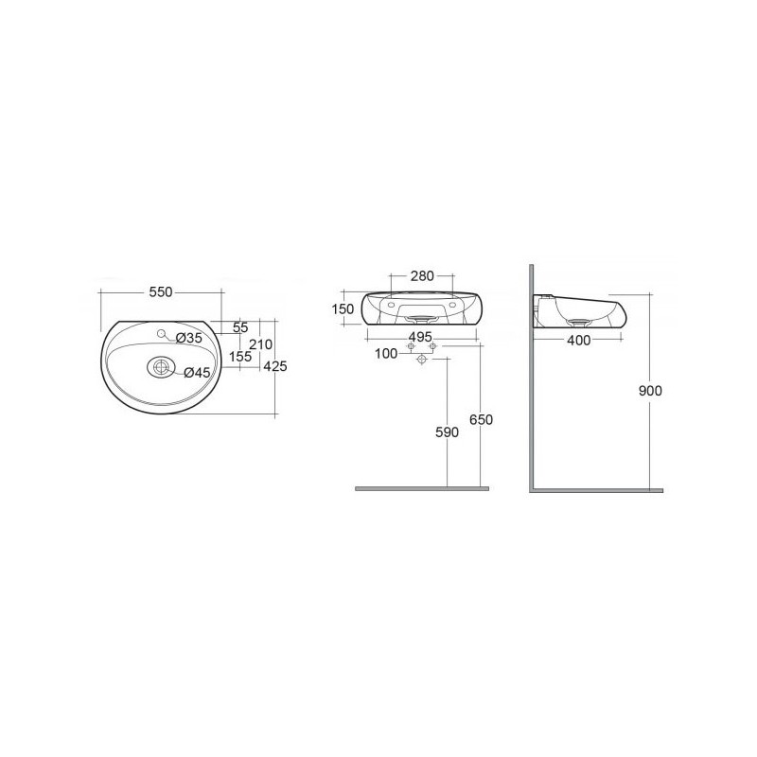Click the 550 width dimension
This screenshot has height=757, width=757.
[161, 292]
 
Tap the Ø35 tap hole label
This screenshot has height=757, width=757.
[188, 338]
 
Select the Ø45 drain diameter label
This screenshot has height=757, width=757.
[197, 372]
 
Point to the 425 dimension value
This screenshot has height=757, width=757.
[275, 366]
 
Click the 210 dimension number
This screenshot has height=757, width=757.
[261, 344]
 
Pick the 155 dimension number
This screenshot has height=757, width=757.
[240, 357]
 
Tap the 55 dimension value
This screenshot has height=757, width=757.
[240, 327]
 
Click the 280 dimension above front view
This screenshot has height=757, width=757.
[422, 276]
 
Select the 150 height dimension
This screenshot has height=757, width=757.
[343, 309]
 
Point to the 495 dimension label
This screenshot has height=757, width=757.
[420, 337]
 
